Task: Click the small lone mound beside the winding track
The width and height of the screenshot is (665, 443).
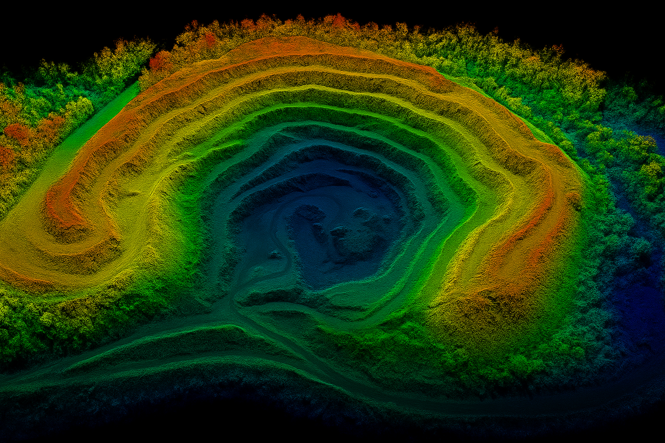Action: pyautogui.click(x=274, y=254)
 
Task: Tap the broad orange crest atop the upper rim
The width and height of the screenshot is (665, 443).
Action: pyautogui.click(x=294, y=45)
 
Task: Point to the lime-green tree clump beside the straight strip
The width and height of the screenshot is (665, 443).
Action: pyautogui.click(x=80, y=108)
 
